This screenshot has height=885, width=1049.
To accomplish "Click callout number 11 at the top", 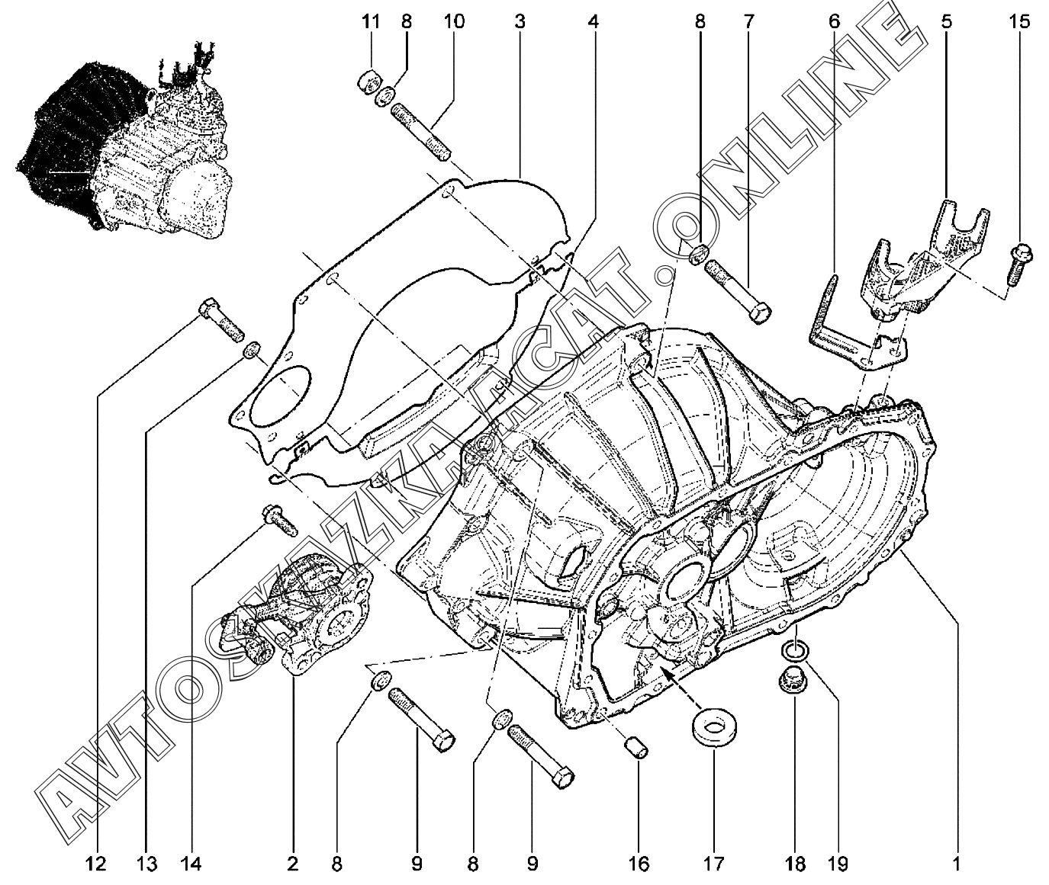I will click(371, 22).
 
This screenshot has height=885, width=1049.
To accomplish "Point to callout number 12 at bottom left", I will click(95, 864).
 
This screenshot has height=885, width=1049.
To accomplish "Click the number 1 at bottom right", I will click(956, 864).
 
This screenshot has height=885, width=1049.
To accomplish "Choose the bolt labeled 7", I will click(737, 293).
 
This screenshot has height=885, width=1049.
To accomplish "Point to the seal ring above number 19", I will click(794, 650).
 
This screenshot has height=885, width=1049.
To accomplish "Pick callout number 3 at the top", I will click(520, 22).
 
